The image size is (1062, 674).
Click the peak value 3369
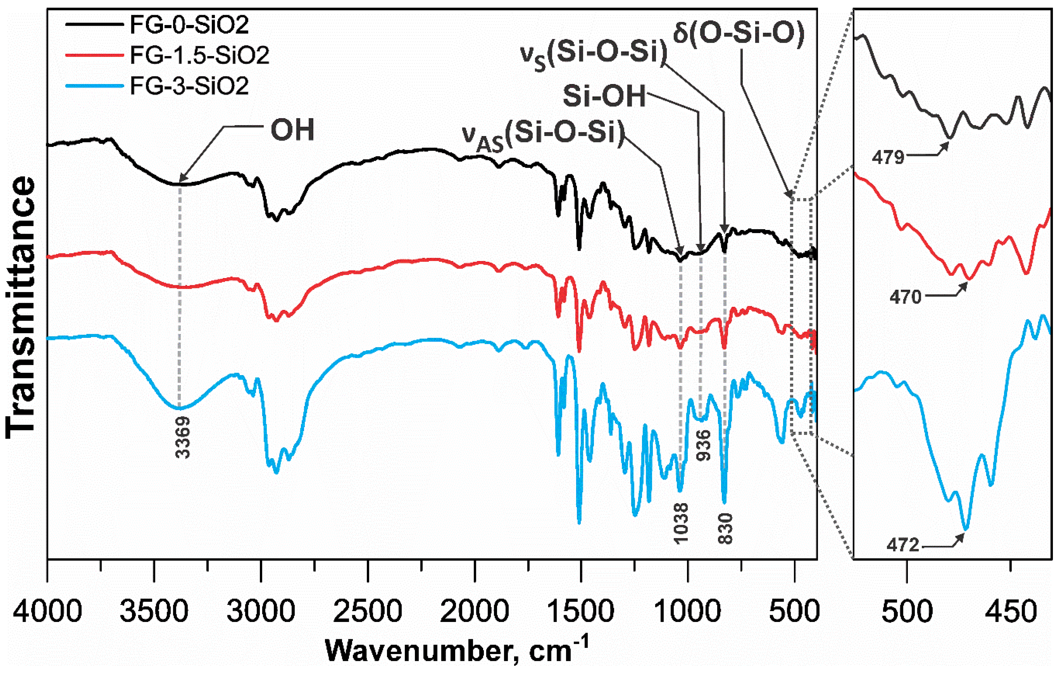(183, 437)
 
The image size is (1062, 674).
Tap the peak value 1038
(681, 523)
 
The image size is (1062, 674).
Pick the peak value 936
(704, 445)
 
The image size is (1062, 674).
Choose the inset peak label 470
(905, 297)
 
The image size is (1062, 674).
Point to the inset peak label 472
(903, 546)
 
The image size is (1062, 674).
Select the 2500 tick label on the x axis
(367, 612)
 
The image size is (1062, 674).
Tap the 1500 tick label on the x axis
(581, 612)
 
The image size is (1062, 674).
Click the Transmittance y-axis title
(21, 308)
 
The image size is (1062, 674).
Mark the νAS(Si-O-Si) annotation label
(543, 135)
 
